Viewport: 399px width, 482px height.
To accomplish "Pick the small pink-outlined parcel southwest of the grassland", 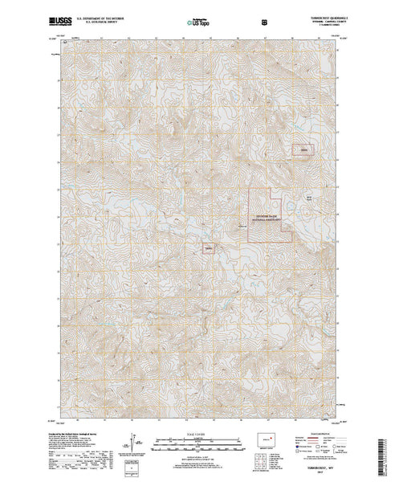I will [209, 248].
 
